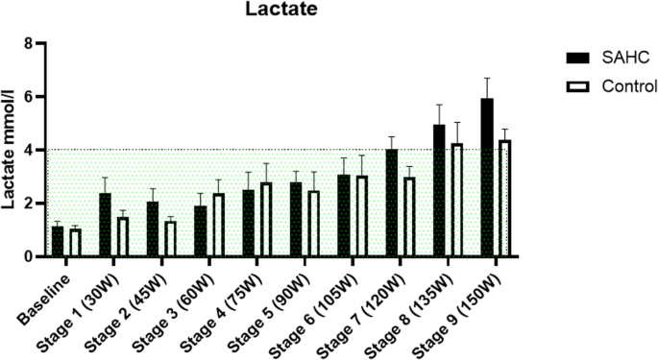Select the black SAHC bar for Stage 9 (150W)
(488, 178)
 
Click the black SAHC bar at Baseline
(58, 242)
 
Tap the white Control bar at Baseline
(75, 244)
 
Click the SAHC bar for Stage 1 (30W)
(106, 226)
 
